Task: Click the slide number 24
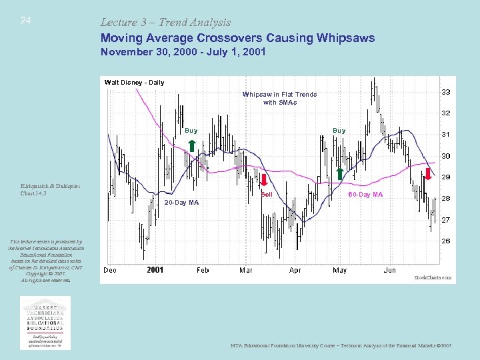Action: pyautogui.click(x=25, y=21)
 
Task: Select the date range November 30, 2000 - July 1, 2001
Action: pyautogui.click(x=183, y=52)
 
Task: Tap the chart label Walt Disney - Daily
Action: pyautogui.click(x=134, y=83)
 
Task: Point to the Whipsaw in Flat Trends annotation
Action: pyautogui.click(x=279, y=98)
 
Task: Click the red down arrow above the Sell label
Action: pyautogui.click(x=264, y=180)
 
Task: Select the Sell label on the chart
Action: pyautogui.click(x=267, y=195)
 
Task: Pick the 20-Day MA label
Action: pyautogui.click(x=181, y=202)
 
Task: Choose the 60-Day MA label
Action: pyautogui.click(x=366, y=195)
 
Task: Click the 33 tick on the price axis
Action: pyautogui.click(x=445, y=92)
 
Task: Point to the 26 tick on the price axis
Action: pyautogui.click(x=445, y=241)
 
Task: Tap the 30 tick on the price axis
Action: pyautogui.click(x=445, y=156)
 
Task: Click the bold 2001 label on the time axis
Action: pyautogui.click(x=155, y=270)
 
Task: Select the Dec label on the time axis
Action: pyautogui.click(x=110, y=270)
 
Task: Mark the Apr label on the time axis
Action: pyautogui.click(x=295, y=270)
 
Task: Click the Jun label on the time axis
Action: pyautogui.click(x=389, y=270)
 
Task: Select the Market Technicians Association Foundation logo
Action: pyautogui.click(x=45, y=322)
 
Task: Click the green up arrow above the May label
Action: pyautogui.click(x=339, y=174)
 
